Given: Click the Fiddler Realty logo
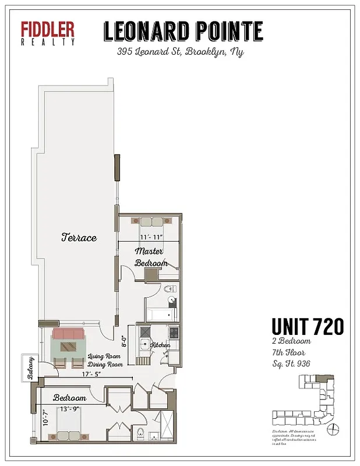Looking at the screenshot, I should tap(48, 33).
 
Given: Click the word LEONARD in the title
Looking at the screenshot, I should tap(147, 31).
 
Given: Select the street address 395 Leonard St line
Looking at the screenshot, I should tap(180, 52).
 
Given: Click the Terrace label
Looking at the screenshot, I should tap(79, 238).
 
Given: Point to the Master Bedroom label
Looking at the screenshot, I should tap(151, 257).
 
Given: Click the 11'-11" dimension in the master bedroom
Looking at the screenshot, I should tap(151, 236).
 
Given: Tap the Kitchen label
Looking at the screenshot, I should tap(160, 345).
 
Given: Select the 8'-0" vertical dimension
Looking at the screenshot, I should tap(123, 341).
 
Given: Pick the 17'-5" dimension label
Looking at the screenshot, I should tap(92, 374).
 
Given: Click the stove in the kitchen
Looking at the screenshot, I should tap(173, 333).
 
